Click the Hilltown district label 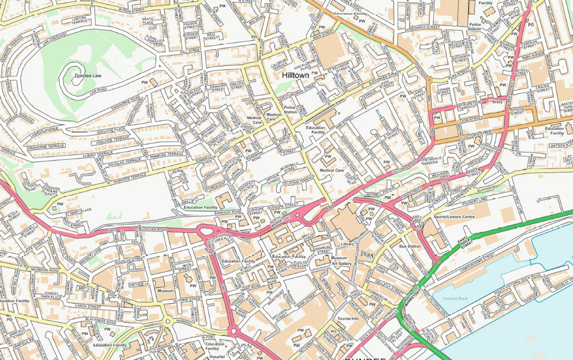point(295,75)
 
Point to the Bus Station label point(410,246)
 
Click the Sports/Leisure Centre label point(453,217)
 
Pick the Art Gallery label point(341,264)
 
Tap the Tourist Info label point(348,319)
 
